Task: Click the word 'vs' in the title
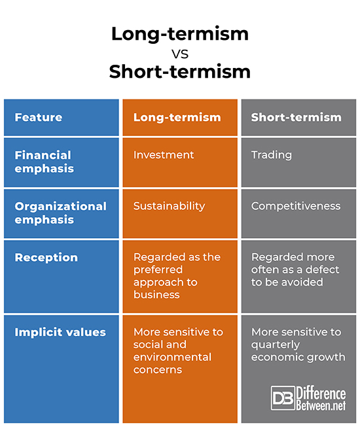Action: (179, 53)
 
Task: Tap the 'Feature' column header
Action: (39, 118)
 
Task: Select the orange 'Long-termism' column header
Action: (177, 118)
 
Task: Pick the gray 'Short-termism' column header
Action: (297, 118)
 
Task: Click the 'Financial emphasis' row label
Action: (43, 162)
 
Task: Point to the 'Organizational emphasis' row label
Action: (60, 212)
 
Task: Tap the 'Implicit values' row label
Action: (60, 332)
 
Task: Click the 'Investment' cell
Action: (164, 155)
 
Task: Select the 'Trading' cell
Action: (272, 155)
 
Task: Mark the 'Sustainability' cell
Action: (169, 206)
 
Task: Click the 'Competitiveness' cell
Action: (296, 206)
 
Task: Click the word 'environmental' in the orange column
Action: (172, 357)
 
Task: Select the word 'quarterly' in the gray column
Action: (276, 345)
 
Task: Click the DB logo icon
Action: (283, 398)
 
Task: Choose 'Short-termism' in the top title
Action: (180, 72)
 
